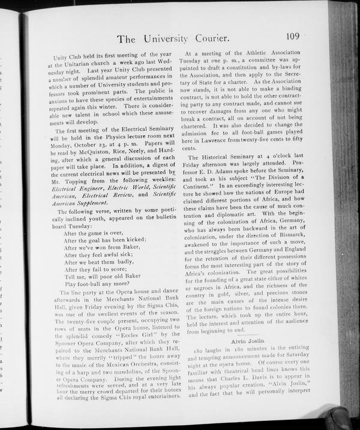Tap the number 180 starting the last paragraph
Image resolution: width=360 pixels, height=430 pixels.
click(200, 350)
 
